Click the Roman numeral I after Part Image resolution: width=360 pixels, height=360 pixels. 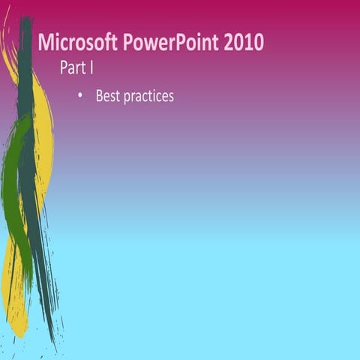click(91, 68)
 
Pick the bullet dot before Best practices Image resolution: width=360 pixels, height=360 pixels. click(80, 96)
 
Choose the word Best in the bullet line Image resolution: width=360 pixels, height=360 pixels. click(107, 96)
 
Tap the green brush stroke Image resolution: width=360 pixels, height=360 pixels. click(16, 187)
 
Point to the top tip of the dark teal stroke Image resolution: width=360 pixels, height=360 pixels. click(27, 18)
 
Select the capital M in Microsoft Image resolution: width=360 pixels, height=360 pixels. click(45, 42)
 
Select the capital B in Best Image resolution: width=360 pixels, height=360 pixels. click(99, 96)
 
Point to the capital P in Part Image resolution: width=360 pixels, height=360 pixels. click(63, 68)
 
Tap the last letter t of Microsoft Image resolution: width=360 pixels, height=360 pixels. click(106, 42)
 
